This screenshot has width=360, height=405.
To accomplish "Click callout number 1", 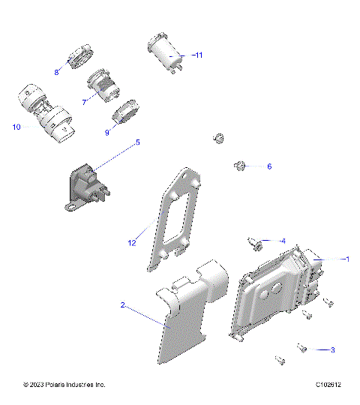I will [x=347, y=259].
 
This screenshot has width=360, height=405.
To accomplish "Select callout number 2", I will [x=122, y=305].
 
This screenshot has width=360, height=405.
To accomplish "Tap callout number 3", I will [x=332, y=349].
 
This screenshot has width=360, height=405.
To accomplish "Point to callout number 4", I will [x=283, y=241].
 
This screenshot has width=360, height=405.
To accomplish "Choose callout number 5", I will [x=137, y=142].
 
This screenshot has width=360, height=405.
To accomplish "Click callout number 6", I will [x=269, y=166].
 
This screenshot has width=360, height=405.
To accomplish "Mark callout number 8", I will [x=56, y=72].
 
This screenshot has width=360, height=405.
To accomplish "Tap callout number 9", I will [x=107, y=132].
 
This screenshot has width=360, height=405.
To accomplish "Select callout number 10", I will [x=16, y=127].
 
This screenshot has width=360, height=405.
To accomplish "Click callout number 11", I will [x=198, y=55].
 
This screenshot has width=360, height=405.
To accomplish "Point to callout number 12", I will [x=132, y=243].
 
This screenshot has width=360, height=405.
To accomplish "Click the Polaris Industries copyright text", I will [x=64, y=385].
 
